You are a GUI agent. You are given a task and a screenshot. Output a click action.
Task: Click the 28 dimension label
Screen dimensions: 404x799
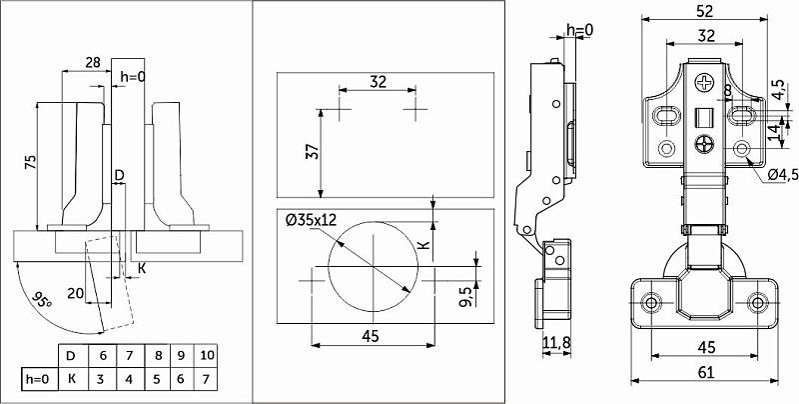92,63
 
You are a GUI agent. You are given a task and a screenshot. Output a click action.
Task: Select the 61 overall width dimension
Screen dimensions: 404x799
704,372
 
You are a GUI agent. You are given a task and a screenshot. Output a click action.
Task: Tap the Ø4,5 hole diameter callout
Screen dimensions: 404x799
782,175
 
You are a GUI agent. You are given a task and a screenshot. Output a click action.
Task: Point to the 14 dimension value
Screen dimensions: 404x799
773,129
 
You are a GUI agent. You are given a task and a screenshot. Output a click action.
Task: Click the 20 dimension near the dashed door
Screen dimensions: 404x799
74,293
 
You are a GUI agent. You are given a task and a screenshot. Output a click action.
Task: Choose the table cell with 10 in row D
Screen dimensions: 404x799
206,355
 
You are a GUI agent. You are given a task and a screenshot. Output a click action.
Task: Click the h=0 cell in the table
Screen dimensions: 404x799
37,381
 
